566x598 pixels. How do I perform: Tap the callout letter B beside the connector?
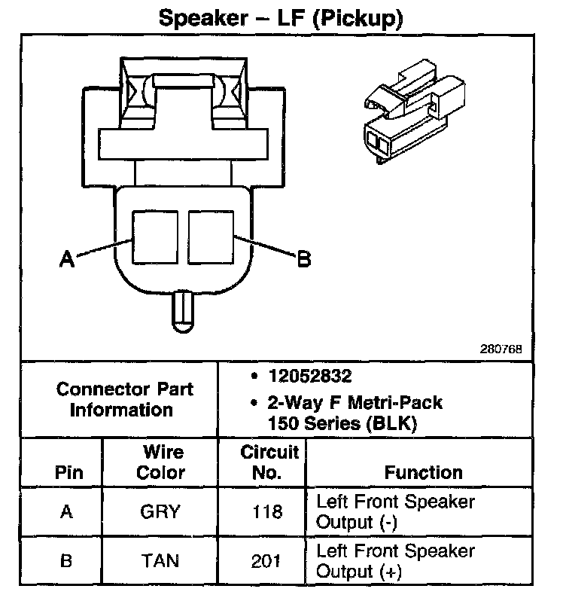[303, 258]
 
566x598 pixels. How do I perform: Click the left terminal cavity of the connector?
[156, 236]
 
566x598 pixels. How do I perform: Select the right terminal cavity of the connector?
[211, 236]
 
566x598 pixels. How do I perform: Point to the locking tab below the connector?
[184, 310]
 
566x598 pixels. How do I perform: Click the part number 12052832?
[309, 376]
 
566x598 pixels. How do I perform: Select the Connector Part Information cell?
[125, 399]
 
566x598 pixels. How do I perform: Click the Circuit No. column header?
[270, 462]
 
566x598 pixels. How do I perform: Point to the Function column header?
[423, 473]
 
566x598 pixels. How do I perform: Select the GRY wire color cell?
[160, 512]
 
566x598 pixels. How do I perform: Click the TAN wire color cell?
[160, 561]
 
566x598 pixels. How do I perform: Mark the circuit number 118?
[267, 512]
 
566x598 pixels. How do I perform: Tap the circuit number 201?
[267, 561]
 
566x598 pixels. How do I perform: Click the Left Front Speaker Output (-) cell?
[395, 511]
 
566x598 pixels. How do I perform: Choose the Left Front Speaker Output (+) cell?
[395, 561]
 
